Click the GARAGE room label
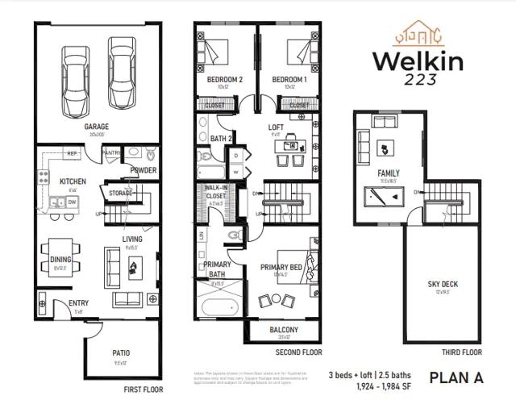pos(97,127)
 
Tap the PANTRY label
pos(111,152)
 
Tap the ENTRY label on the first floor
pos(78,303)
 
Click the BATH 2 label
pos(221,139)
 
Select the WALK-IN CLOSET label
pos(216,192)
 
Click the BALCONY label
pos(283,330)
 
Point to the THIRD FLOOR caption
pos(461,352)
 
